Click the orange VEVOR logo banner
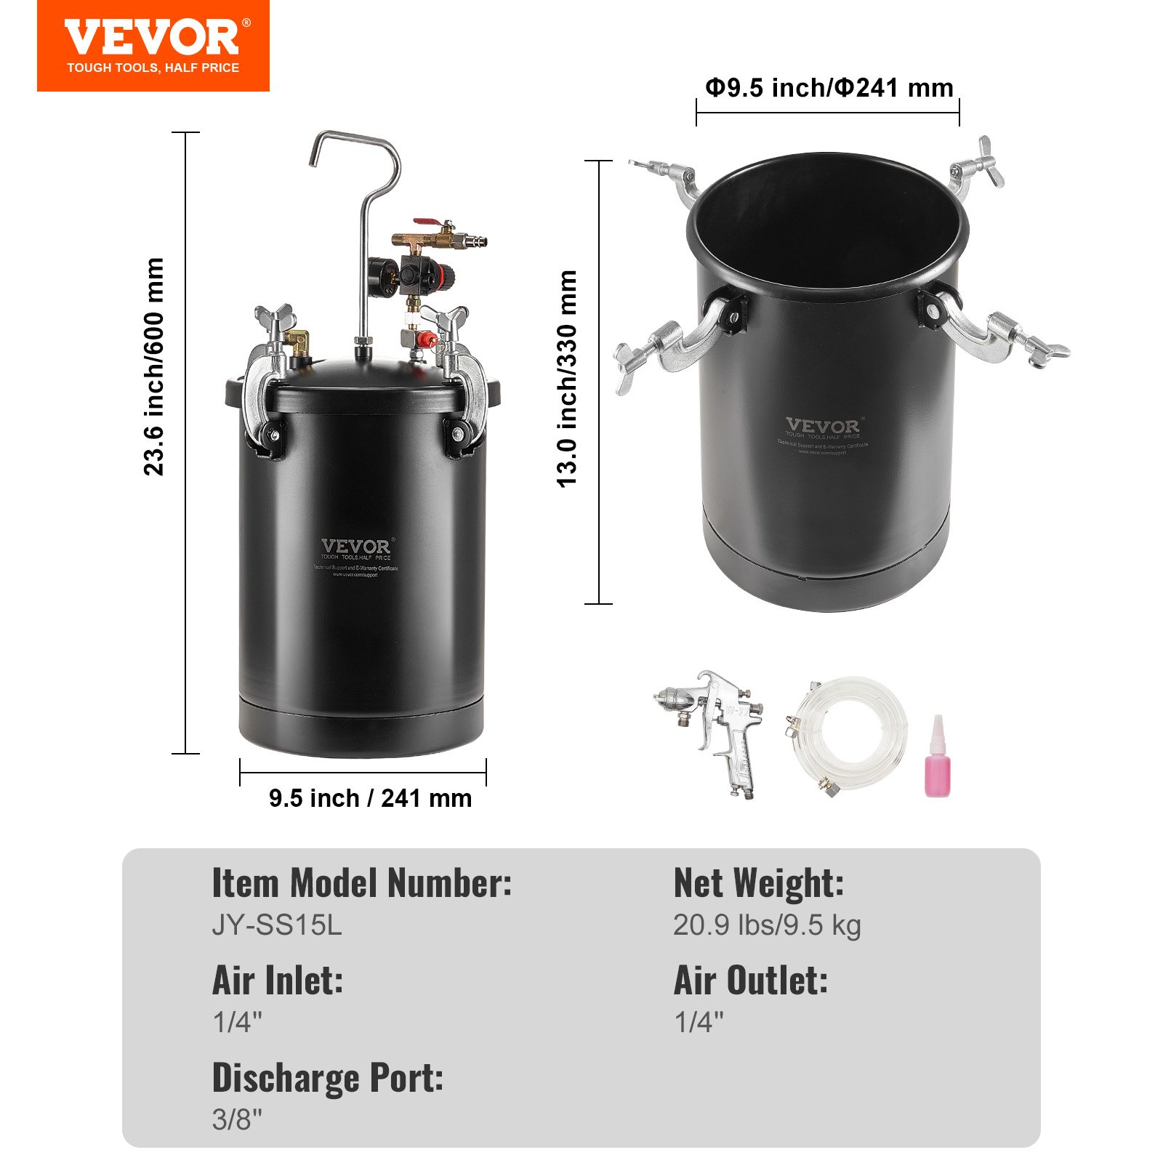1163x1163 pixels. click(x=153, y=46)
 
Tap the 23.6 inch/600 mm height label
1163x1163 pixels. click(x=154, y=367)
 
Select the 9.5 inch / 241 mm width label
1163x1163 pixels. click(x=370, y=798)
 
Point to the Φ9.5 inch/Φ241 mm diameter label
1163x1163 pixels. click(x=829, y=88)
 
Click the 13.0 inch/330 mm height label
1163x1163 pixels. click(x=567, y=378)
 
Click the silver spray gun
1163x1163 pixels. click(x=716, y=727)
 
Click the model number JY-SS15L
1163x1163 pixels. click(x=276, y=925)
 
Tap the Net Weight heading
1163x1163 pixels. click(x=759, y=884)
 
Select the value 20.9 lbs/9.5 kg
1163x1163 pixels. click(x=767, y=925)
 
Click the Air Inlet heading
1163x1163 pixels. click(x=277, y=981)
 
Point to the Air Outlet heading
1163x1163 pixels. click(x=751, y=981)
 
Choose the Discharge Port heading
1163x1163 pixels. click(x=327, y=1078)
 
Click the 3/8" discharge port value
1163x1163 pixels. click(x=237, y=1119)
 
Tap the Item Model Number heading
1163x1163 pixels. click(x=361, y=884)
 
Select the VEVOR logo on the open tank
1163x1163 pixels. click(x=822, y=426)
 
